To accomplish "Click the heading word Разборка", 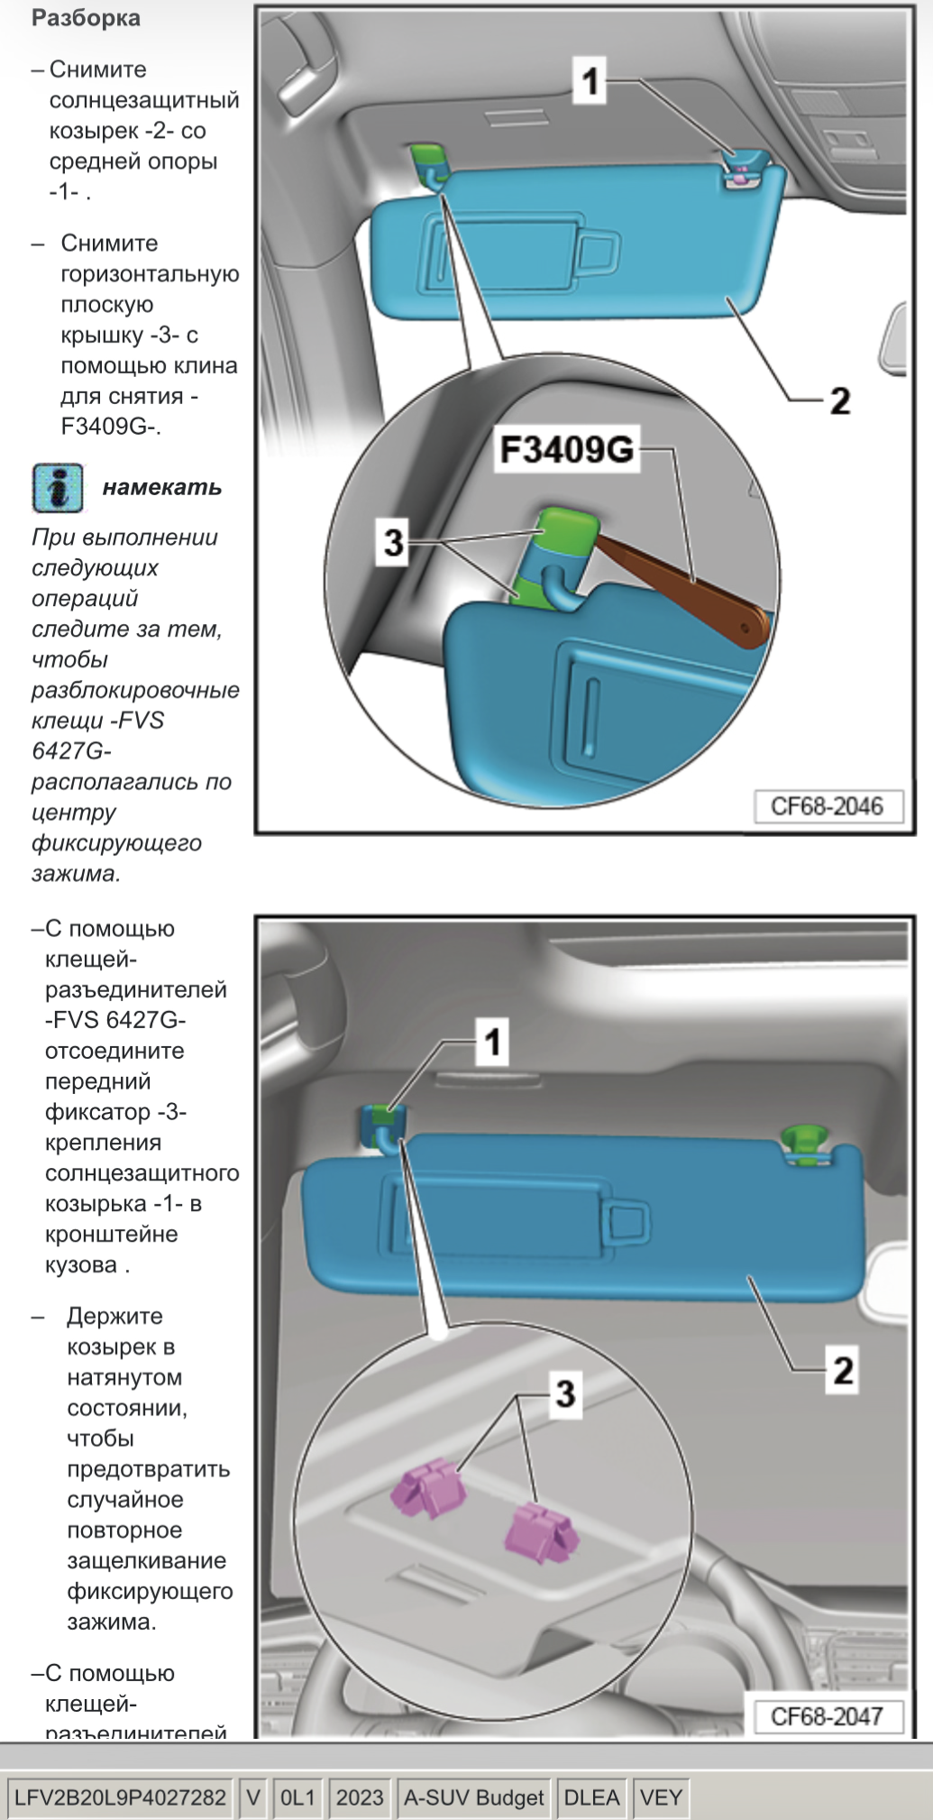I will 86,18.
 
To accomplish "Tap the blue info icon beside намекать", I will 58,488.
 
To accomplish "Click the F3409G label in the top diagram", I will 567,449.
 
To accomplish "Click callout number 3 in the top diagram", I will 394,542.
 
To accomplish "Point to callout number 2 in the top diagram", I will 839,400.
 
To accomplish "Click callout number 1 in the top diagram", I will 590,81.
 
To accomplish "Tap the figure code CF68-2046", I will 827,805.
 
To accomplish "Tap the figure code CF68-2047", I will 827,1715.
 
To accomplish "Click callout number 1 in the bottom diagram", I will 492,1043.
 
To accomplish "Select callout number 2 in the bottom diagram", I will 843,1370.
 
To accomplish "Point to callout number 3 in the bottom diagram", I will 565,1393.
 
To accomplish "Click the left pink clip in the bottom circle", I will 425,1489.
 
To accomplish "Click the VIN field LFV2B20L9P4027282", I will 120,1797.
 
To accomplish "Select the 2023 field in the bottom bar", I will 360,1797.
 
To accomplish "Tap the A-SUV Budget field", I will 473,1797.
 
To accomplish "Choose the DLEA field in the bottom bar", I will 591,1797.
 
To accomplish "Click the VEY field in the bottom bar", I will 661,1797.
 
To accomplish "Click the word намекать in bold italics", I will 162,488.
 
